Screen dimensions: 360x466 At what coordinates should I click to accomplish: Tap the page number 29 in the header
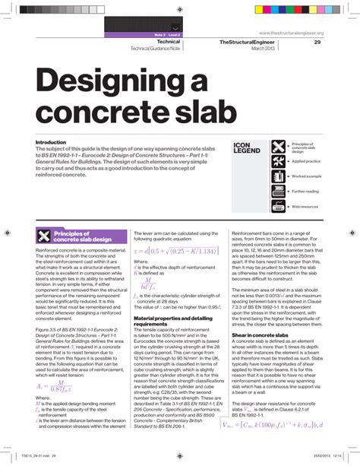pyautogui.click(x=317, y=42)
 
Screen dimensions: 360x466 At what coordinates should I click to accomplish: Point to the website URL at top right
pyautogui.click(x=292, y=33)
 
